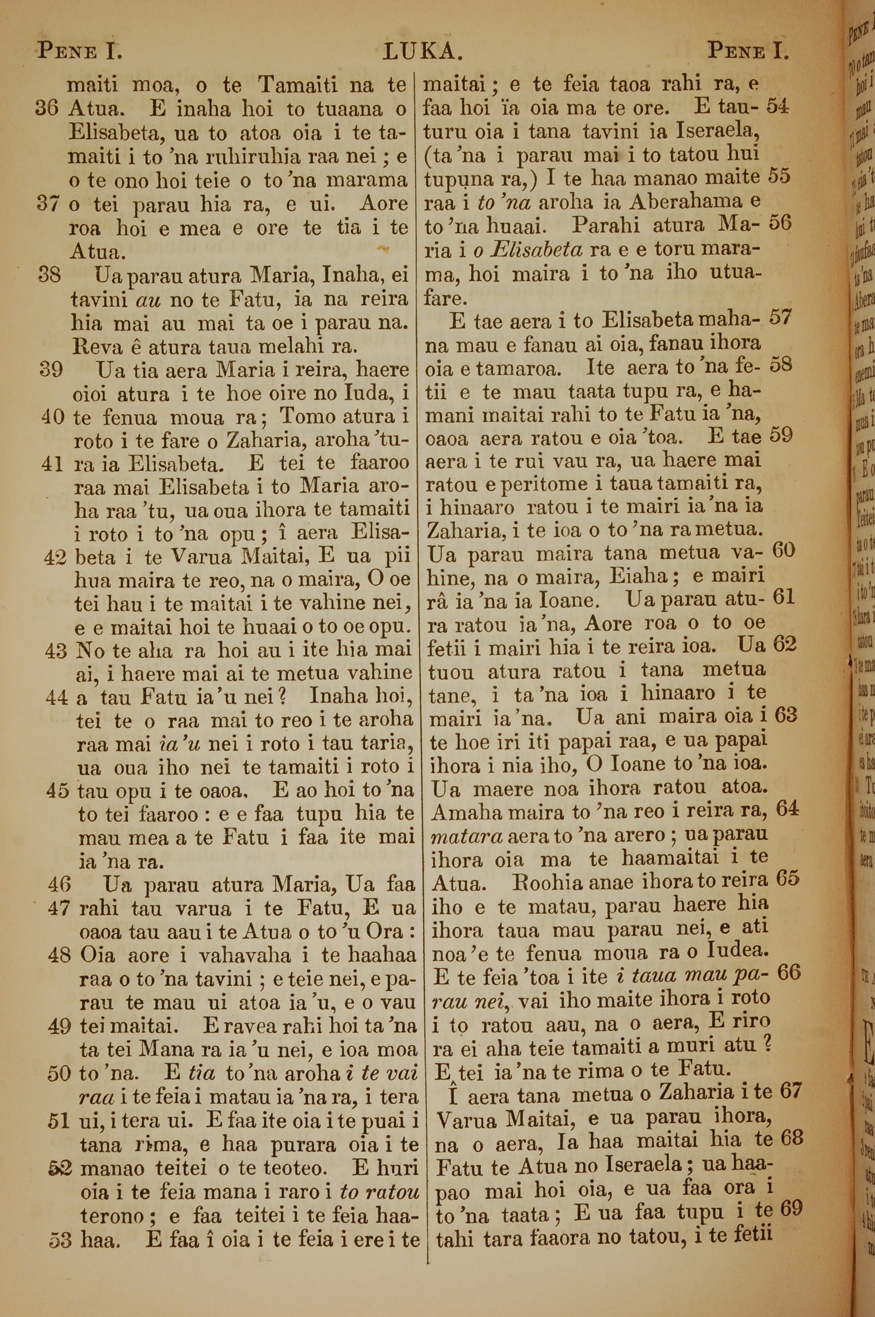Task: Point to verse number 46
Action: click(59, 884)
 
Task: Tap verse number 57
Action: click(780, 318)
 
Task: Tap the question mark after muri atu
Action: click(768, 1043)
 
